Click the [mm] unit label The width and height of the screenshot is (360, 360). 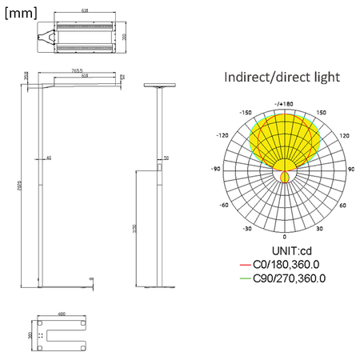(x=21, y=12)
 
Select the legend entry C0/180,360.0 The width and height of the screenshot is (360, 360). (x=286, y=265)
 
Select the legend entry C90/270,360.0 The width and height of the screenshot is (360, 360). (x=289, y=278)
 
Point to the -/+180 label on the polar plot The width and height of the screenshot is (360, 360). (x=284, y=103)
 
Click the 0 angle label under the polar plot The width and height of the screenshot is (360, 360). (x=284, y=238)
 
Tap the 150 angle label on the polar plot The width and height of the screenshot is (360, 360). (x=322, y=113)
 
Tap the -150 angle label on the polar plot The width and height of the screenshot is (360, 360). (x=246, y=113)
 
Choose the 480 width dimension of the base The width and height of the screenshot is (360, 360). (x=61, y=314)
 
